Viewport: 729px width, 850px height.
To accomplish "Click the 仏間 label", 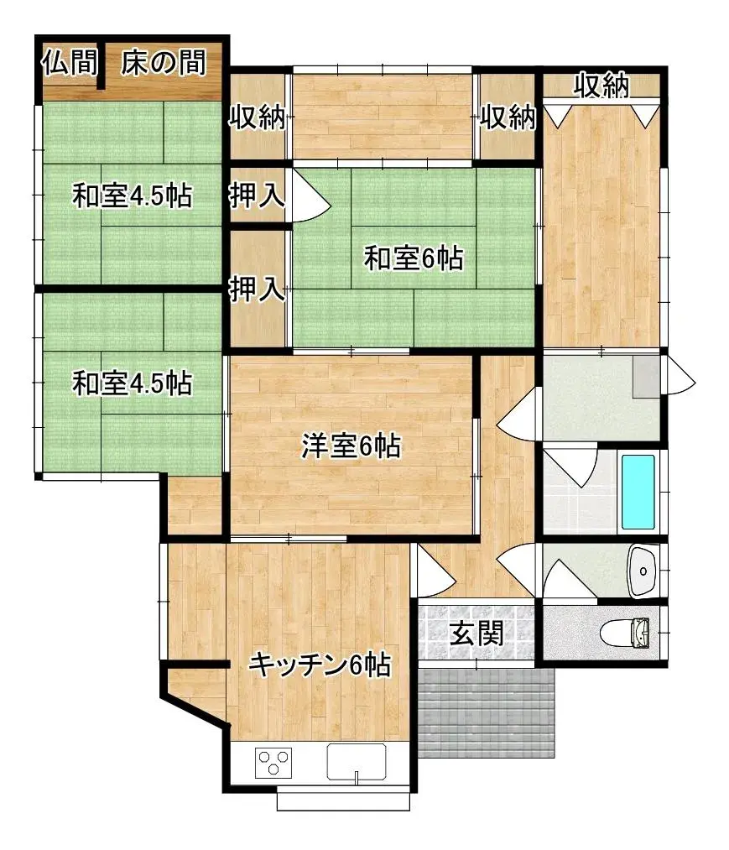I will coord(70,64).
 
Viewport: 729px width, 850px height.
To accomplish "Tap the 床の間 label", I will coord(164,64).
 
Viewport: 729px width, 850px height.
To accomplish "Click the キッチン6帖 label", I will coord(319,665).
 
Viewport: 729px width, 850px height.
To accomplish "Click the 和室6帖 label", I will coord(413,258).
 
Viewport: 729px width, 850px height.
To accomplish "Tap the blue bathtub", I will coord(638,492).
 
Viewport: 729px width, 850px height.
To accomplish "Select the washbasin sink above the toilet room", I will coord(643,571).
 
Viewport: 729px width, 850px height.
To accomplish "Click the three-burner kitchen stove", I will coord(273,763).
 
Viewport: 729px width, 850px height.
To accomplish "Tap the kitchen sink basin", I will coord(357,763).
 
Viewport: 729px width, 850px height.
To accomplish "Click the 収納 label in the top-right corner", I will coord(601,86).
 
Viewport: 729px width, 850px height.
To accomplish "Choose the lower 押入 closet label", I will coord(257,290).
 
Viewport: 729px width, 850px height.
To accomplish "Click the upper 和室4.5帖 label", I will coord(132,196).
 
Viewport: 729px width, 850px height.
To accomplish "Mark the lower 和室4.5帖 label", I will coord(132,383).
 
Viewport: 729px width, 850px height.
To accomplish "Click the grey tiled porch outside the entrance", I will coord(487,713).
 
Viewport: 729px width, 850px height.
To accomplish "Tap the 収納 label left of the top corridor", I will coord(258,117).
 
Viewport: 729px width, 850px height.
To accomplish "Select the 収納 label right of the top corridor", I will coord(508,117).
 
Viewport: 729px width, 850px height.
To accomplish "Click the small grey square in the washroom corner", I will coord(646,377).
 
